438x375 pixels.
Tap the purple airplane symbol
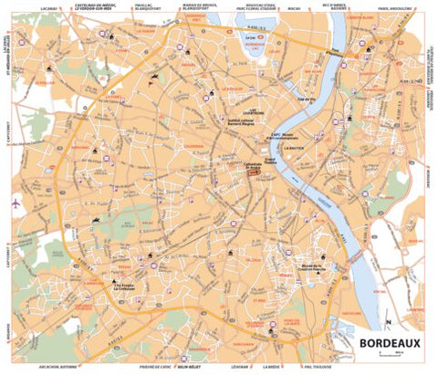pos(15,203)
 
